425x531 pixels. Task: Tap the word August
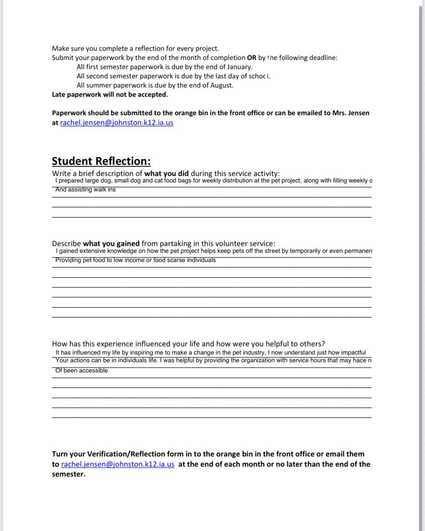coord(221,85)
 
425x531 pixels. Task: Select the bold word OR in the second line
coord(251,58)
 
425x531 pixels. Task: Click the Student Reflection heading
coord(101,161)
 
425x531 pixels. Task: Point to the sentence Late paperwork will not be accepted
coord(110,95)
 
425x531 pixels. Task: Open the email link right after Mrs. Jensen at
coord(116,123)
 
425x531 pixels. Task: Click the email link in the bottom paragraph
coord(118,464)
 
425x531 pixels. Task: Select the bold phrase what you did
coord(166,173)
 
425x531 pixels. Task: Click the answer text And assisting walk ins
coord(86,190)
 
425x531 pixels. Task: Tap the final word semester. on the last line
coord(69,474)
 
